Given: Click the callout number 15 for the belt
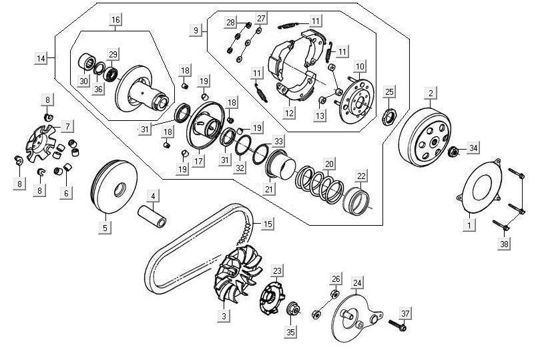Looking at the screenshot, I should point(268,224).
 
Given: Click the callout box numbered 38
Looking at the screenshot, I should point(504,244).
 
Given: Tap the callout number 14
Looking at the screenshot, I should point(41,59).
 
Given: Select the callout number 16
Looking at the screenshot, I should point(115,20).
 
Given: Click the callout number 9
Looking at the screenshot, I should point(196,30).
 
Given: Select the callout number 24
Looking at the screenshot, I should point(357,283).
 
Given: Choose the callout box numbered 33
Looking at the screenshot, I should point(279,141).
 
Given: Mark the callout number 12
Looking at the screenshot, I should point(288,114).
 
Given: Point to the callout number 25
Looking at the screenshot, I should point(390,92).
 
